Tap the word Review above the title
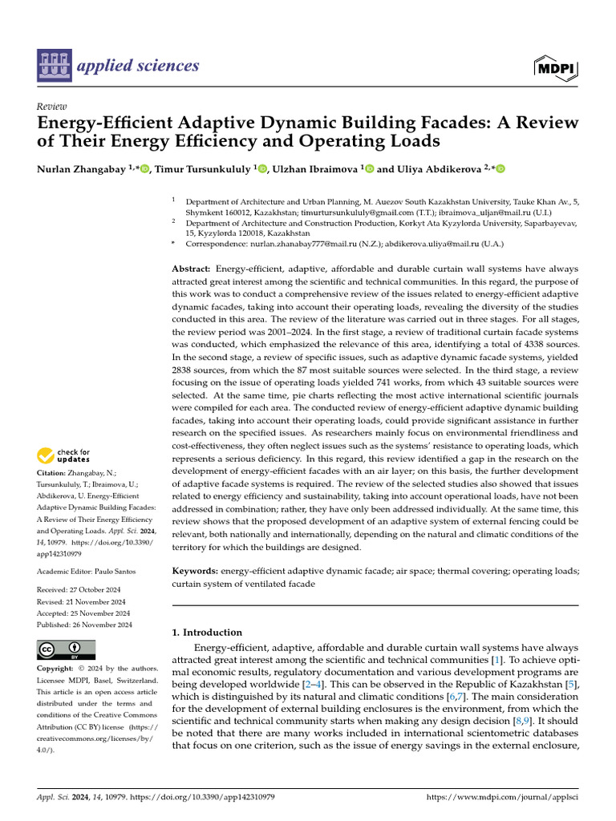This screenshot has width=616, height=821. pos(52,107)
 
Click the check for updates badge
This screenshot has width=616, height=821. pos(65,456)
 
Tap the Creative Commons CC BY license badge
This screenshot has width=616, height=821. pos(66,649)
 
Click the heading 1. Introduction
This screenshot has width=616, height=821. pos(207,632)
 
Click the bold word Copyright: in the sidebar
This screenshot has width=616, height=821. pos(55,669)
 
